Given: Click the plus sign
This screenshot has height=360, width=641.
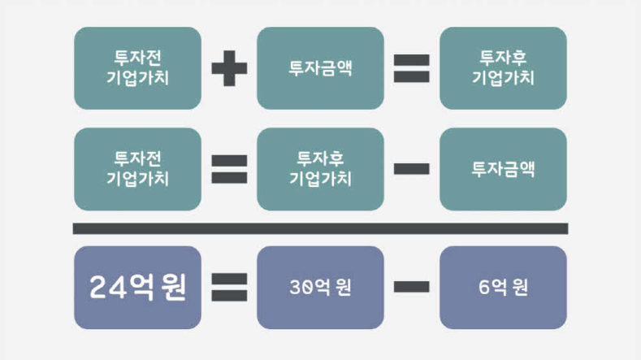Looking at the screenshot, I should [229, 68].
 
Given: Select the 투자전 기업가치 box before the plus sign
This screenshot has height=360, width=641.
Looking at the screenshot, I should [137, 68].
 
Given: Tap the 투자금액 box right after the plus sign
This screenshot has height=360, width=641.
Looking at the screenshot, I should [320, 68].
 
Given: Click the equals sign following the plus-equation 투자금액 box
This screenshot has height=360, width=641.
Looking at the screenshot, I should [412, 68].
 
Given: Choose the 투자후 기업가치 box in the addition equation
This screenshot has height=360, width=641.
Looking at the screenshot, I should [503, 68].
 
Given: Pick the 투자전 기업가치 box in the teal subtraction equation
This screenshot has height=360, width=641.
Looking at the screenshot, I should [137, 169].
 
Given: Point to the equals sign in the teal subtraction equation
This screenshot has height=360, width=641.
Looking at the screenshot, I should [229, 169].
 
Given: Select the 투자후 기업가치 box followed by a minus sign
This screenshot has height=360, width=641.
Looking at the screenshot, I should [320, 169].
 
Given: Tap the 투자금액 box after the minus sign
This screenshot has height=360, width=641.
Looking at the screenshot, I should [503, 169].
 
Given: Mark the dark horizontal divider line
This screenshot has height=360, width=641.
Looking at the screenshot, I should [320, 228].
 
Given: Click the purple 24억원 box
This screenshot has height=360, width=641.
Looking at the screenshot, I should [137, 288].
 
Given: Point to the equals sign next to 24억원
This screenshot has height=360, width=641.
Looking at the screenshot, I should [229, 288].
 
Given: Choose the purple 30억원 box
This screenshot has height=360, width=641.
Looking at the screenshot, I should [320, 288].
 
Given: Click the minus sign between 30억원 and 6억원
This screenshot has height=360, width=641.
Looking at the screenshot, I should [412, 288].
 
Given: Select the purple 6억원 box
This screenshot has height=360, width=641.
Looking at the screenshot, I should [503, 288].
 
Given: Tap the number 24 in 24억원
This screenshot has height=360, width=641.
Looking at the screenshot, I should [106, 288].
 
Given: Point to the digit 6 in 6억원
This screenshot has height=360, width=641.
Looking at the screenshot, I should [483, 288].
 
